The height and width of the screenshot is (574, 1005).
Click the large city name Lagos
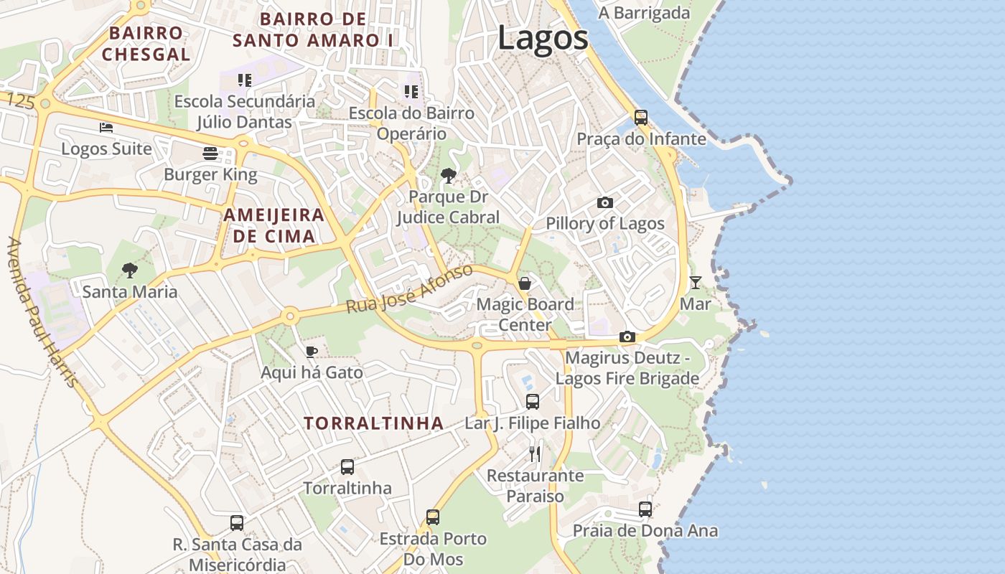[x=543, y=37]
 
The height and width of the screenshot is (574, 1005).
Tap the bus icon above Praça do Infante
[x=641, y=117]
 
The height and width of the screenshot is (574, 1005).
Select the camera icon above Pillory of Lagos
[x=605, y=202]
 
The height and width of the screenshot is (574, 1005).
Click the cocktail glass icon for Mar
[x=695, y=282]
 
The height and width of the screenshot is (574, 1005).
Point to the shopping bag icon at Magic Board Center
[x=525, y=283]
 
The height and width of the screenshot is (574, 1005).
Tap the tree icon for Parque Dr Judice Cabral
[x=449, y=175]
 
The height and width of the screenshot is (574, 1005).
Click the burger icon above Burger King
[x=210, y=153]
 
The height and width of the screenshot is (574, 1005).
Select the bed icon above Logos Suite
[x=106, y=128]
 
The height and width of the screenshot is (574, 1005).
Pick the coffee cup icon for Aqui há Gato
[x=311, y=352]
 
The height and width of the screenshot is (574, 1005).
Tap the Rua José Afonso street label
[x=409, y=288]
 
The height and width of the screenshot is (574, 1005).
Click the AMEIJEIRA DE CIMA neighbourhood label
[x=274, y=225]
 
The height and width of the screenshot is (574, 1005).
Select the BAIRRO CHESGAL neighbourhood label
[x=146, y=44]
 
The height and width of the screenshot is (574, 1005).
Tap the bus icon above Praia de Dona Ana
[x=645, y=509]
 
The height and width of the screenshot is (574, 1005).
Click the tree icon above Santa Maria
[x=130, y=270]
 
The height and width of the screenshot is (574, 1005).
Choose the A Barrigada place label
[x=644, y=13]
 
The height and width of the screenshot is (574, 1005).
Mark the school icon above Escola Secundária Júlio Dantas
[x=245, y=80]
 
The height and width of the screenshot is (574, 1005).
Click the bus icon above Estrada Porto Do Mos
[x=432, y=517]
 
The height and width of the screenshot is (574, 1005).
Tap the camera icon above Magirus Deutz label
[x=627, y=337]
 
